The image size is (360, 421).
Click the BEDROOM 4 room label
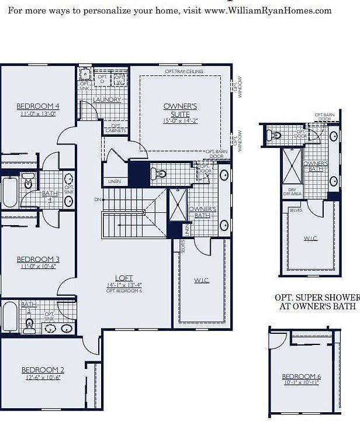tap(38, 106)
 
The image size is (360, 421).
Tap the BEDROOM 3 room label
tap(38, 260)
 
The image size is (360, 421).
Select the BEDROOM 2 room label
tap(43, 370)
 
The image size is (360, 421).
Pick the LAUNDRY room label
tap(106, 99)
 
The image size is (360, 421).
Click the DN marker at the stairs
tap(97, 200)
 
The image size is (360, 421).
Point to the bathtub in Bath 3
tap(9, 316)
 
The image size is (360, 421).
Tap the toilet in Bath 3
tap(29, 323)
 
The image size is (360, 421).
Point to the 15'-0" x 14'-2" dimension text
tap(180, 121)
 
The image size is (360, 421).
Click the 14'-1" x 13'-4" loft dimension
tap(124, 285)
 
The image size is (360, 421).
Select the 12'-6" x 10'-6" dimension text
tap(43, 377)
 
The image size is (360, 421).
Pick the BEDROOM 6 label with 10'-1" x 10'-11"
tap(301, 379)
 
